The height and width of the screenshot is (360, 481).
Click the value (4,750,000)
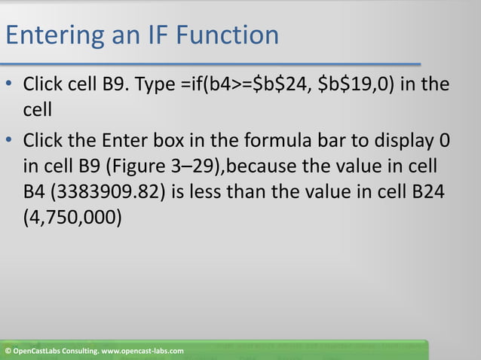tap(72, 214)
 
